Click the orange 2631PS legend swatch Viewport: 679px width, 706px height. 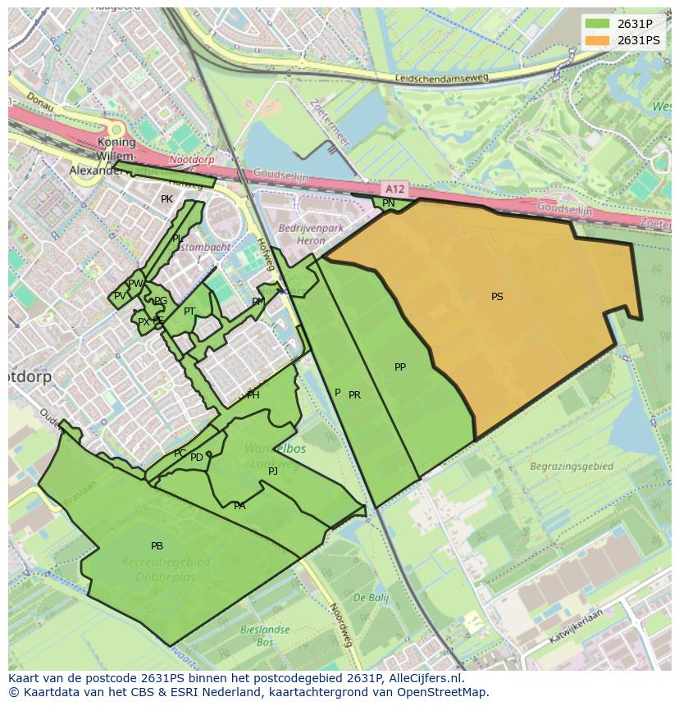598,40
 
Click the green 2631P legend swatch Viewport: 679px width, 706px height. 598,23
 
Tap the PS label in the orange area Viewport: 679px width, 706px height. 497,297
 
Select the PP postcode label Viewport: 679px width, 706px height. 400,367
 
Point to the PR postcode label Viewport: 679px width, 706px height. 355,395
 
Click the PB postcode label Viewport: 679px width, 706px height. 157,546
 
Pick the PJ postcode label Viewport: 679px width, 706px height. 273,471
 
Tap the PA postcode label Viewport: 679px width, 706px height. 239,506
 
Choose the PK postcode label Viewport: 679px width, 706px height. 167,199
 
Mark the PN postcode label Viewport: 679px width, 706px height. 389,203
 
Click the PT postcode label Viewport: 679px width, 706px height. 189,312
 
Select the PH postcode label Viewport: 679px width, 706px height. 253,395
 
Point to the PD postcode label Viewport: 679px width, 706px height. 197,458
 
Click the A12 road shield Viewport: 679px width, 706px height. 395,189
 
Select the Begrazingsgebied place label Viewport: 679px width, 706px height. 572,467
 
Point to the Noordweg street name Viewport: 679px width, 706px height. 340,625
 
